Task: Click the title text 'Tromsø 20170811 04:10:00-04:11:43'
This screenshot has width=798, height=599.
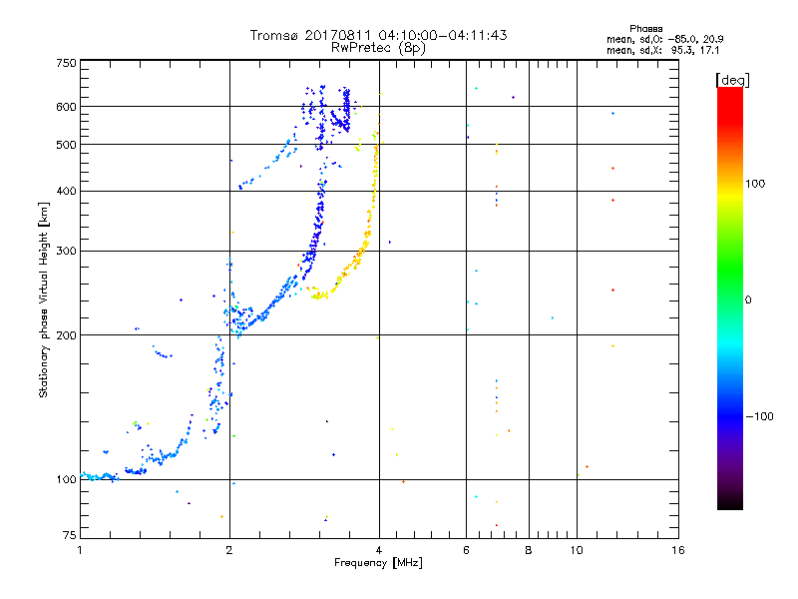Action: [x=379, y=35]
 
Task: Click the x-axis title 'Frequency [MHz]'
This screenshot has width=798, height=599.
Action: [x=378, y=563]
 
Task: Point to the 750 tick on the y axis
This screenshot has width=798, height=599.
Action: [x=66, y=62]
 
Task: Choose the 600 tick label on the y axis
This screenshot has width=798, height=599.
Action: [x=66, y=107]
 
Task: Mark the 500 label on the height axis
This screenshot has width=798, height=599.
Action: [x=66, y=145]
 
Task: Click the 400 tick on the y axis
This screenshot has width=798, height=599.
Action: [x=66, y=191]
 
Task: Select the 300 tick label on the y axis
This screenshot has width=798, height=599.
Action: [x=66, y=251]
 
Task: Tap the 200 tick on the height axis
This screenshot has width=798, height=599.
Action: [x=66, y=334]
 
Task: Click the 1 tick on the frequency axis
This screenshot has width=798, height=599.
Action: [x=80, y=550]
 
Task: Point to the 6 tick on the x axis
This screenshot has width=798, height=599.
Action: [x=467, y=550]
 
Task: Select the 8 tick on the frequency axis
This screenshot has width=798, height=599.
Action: [x=529, y=550]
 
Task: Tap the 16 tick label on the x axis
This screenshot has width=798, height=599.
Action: [x=677, y=550]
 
